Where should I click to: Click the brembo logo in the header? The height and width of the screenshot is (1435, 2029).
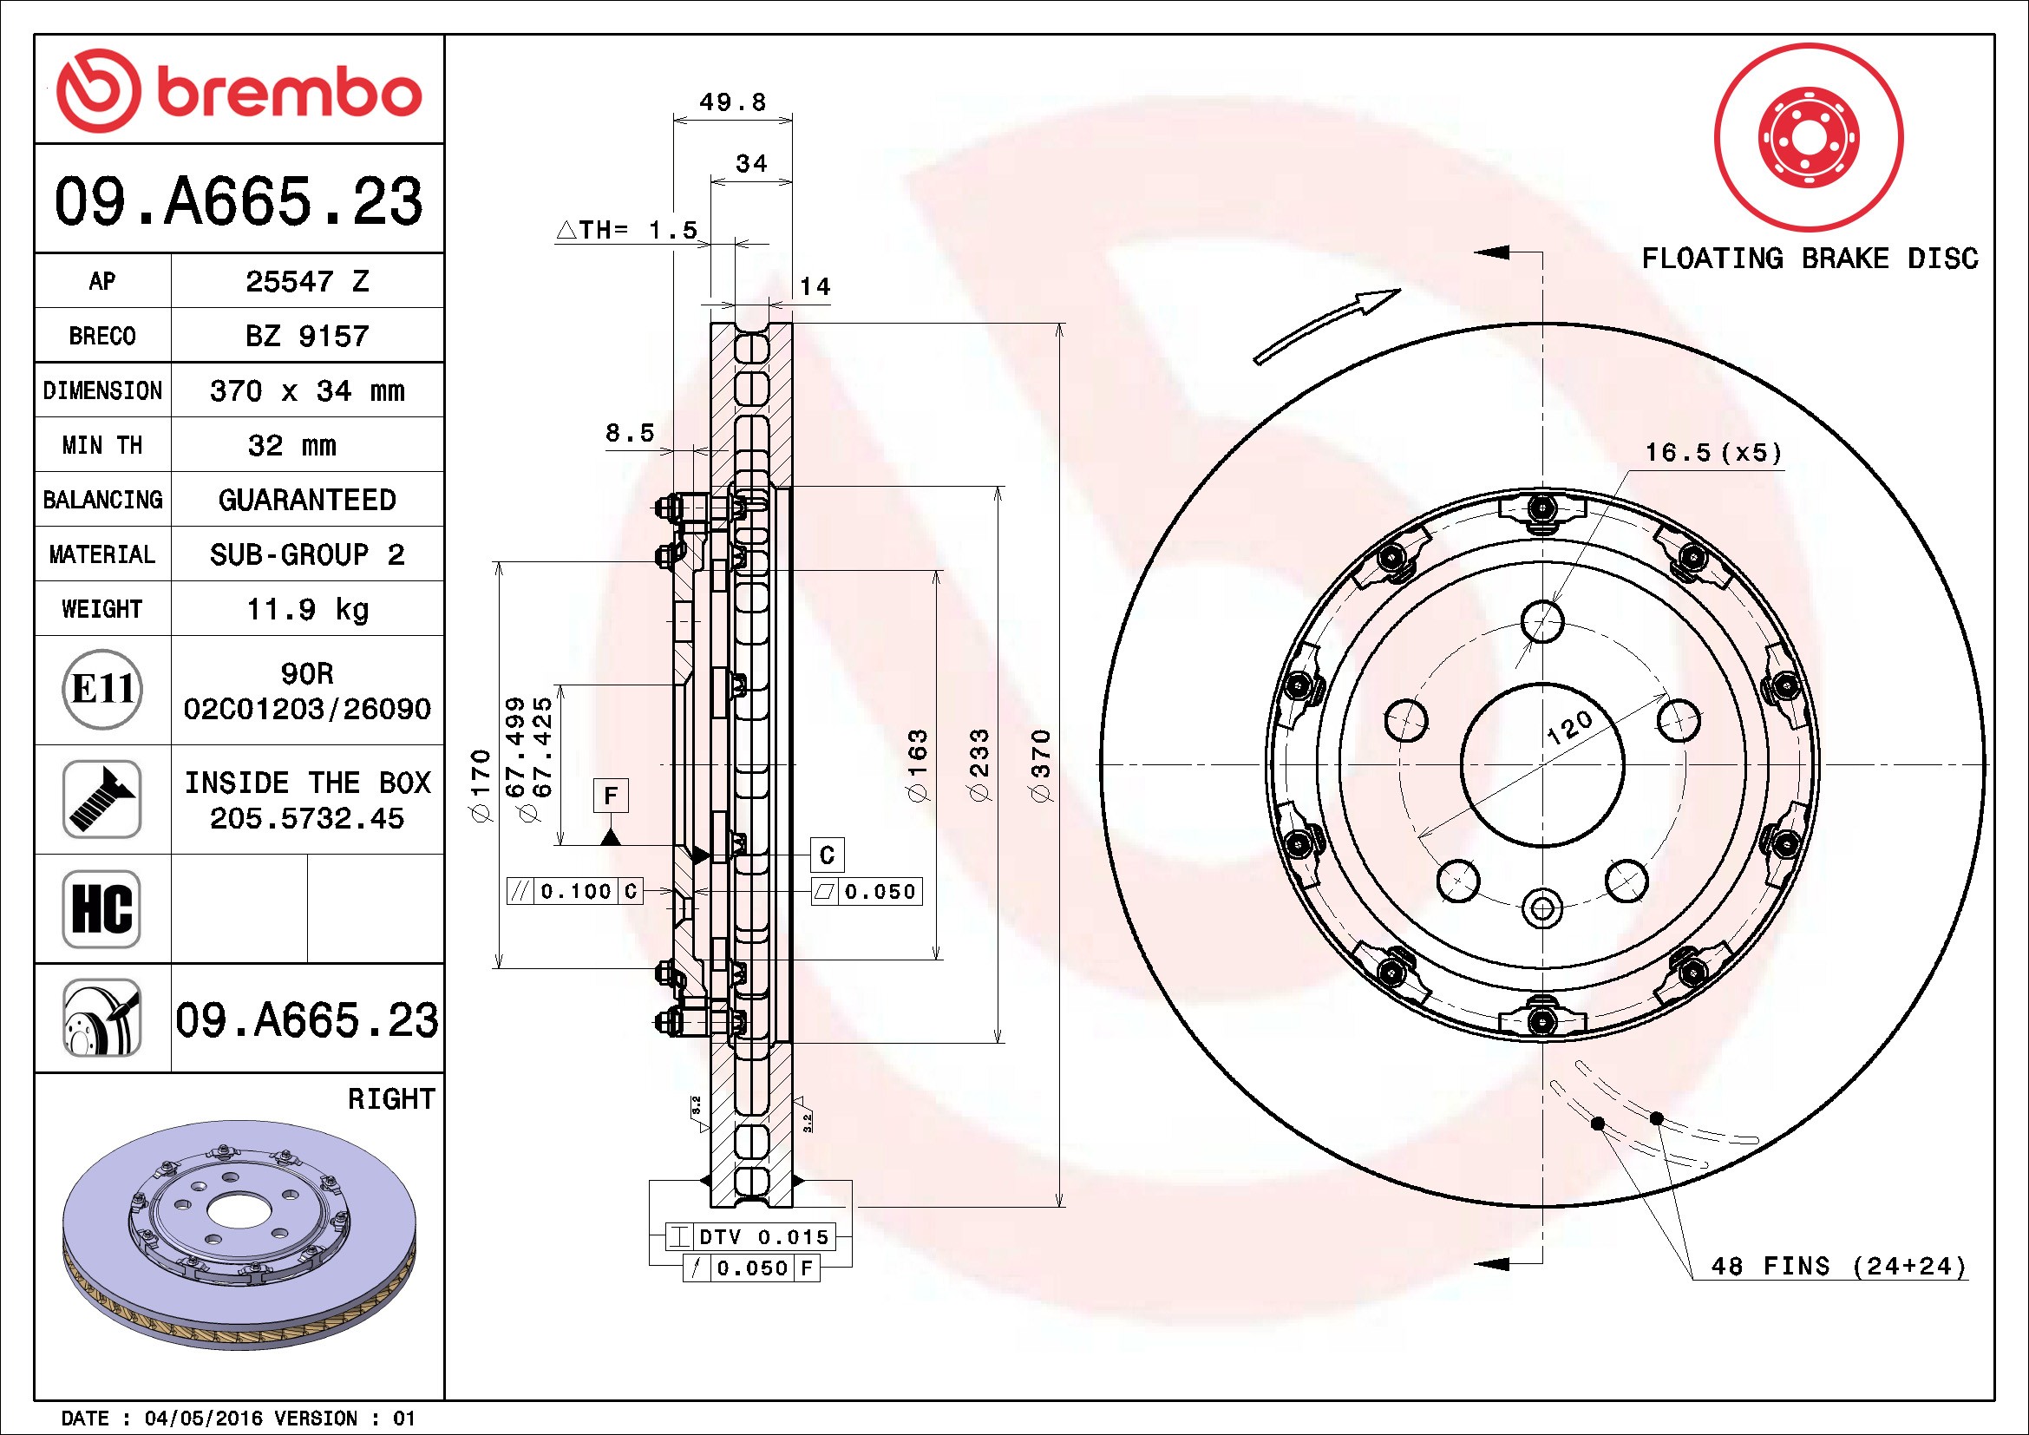[x=239, y=91]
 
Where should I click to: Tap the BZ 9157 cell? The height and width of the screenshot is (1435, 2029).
[x=306, y=336]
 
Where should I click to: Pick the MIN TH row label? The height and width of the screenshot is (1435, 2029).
[x=101, y=445]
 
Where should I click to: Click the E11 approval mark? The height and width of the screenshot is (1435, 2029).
[x=102, y=689]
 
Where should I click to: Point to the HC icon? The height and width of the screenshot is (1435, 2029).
[x=101, y=908]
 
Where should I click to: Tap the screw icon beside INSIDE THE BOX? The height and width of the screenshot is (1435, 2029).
[x=101, y=799]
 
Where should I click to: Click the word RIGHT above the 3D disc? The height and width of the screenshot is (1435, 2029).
[x=391, y=1099]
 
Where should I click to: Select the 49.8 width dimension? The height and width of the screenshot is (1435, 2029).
[x=733, y=102]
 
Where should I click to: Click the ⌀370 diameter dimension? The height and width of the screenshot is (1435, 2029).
[x=1042, y=765]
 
